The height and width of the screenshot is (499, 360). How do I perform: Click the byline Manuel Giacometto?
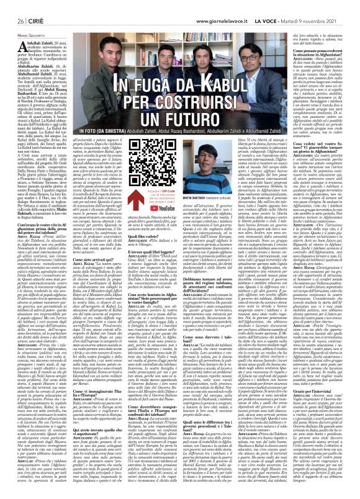(23, 24)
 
